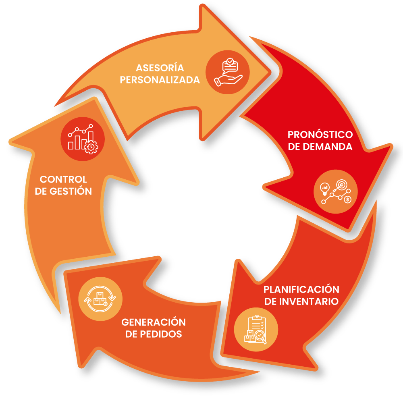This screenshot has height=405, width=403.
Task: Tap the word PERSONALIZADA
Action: [x=160, y=80]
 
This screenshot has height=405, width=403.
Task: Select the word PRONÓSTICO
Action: [x=320, y=134]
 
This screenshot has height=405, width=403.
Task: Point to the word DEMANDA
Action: [x=328, y=147]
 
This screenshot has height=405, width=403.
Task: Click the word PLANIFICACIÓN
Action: [x=301, y=289]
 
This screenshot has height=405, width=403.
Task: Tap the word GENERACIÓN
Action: [x=154, y=322]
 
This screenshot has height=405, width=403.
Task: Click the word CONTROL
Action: [x=63, y=179]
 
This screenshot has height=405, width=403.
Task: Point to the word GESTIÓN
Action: [x=71, y=191]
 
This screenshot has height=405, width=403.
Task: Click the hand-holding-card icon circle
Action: [x=228, y=72]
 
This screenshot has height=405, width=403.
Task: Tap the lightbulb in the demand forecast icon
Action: [x=325, y=189]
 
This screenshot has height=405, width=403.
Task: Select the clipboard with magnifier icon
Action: [x=256, y=329]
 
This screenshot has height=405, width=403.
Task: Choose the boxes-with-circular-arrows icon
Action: [x=100, y=299]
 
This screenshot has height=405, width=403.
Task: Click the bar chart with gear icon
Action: [x=83, y=139]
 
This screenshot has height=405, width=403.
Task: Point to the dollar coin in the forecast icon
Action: [x=348, y=199]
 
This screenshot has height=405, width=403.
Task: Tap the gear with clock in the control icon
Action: [x=91, y=147]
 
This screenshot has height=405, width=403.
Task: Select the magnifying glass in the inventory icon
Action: [x=260, y=337]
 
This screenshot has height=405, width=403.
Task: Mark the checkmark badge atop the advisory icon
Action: [x=230, y=62]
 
